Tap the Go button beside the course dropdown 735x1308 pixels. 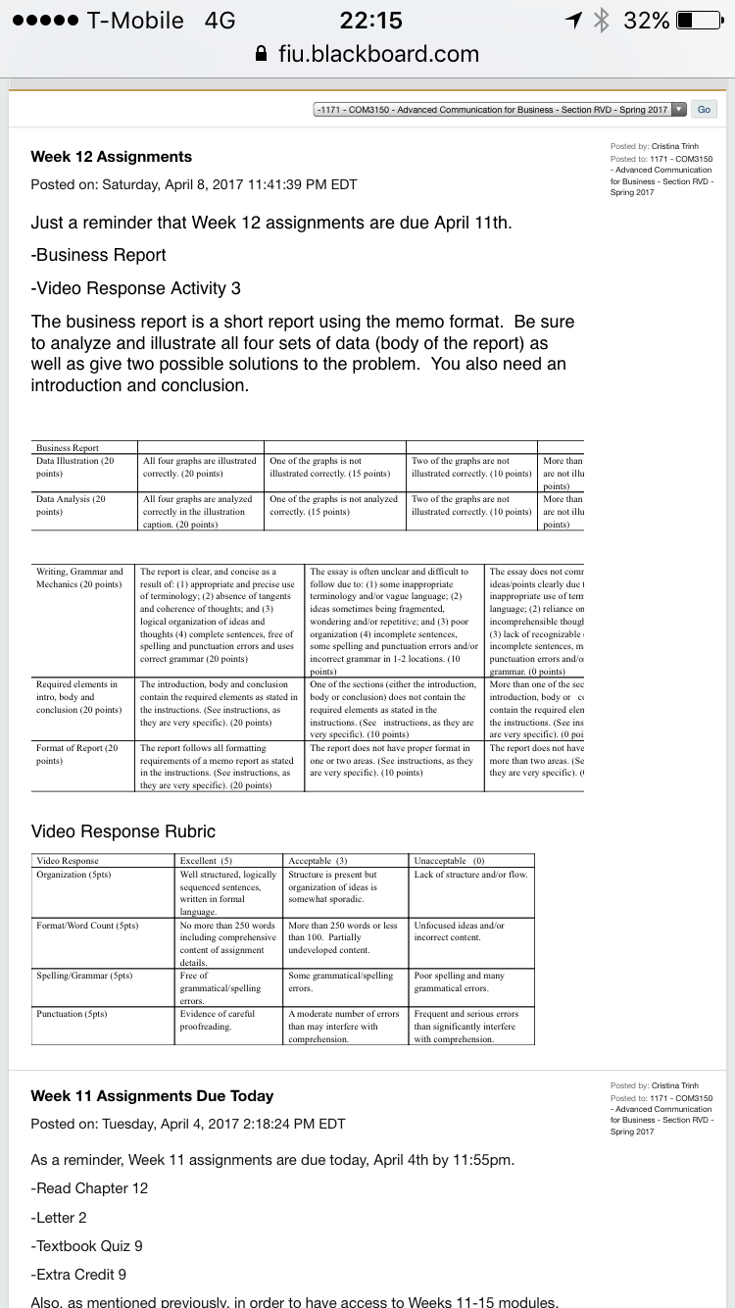click(704, 110)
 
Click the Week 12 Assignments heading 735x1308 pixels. click(112, 157)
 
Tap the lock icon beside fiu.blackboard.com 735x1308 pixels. click(261, 54)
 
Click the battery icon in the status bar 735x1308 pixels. click(699, 20)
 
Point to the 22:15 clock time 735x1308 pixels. click(370, 20)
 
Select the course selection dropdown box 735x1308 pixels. click(500, 110)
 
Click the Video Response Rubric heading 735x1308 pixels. click(123, 831)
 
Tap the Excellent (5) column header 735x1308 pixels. click(206, 861)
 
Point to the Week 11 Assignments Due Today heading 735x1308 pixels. click(152, 1096)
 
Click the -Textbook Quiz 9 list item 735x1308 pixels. click(87, 1245)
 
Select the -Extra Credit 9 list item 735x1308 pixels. click(78, 1275)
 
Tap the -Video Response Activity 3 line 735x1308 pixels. click(136, 288)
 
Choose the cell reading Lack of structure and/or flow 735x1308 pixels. click(470, 874)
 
